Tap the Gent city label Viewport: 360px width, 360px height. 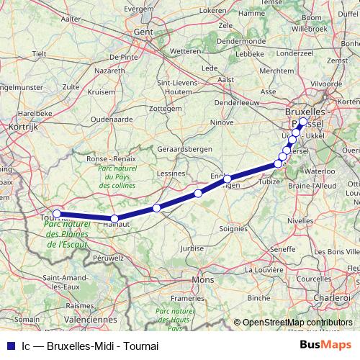pos(145,33)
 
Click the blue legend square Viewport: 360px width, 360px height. pos(8,346)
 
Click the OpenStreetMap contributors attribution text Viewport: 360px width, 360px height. pos(297,322)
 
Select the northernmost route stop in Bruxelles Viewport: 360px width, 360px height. pos(302,122)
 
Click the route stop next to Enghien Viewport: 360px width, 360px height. pos(227,179)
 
